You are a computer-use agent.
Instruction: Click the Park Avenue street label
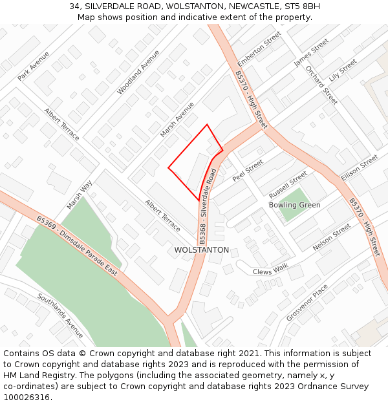pos(34,66)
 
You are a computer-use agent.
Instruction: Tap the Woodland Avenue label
pos(138,72)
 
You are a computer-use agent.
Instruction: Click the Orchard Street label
pos(321,85)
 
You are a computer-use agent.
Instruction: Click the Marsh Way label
pos(80,195)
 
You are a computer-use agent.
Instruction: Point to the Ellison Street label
pos(360,167)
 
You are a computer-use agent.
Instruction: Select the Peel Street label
pos(248,170)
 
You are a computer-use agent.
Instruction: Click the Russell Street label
pos(288,185)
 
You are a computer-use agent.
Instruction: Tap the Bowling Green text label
pos(294,205)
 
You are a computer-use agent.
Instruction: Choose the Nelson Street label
pos(332,238)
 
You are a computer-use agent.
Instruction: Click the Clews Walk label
pos(270,271)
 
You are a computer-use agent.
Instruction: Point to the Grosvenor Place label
pos(307,303)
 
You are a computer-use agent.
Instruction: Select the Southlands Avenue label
pos(60,315)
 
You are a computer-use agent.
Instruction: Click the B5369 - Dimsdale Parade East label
pos(77,246)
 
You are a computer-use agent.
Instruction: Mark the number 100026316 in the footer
pos(26,397)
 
